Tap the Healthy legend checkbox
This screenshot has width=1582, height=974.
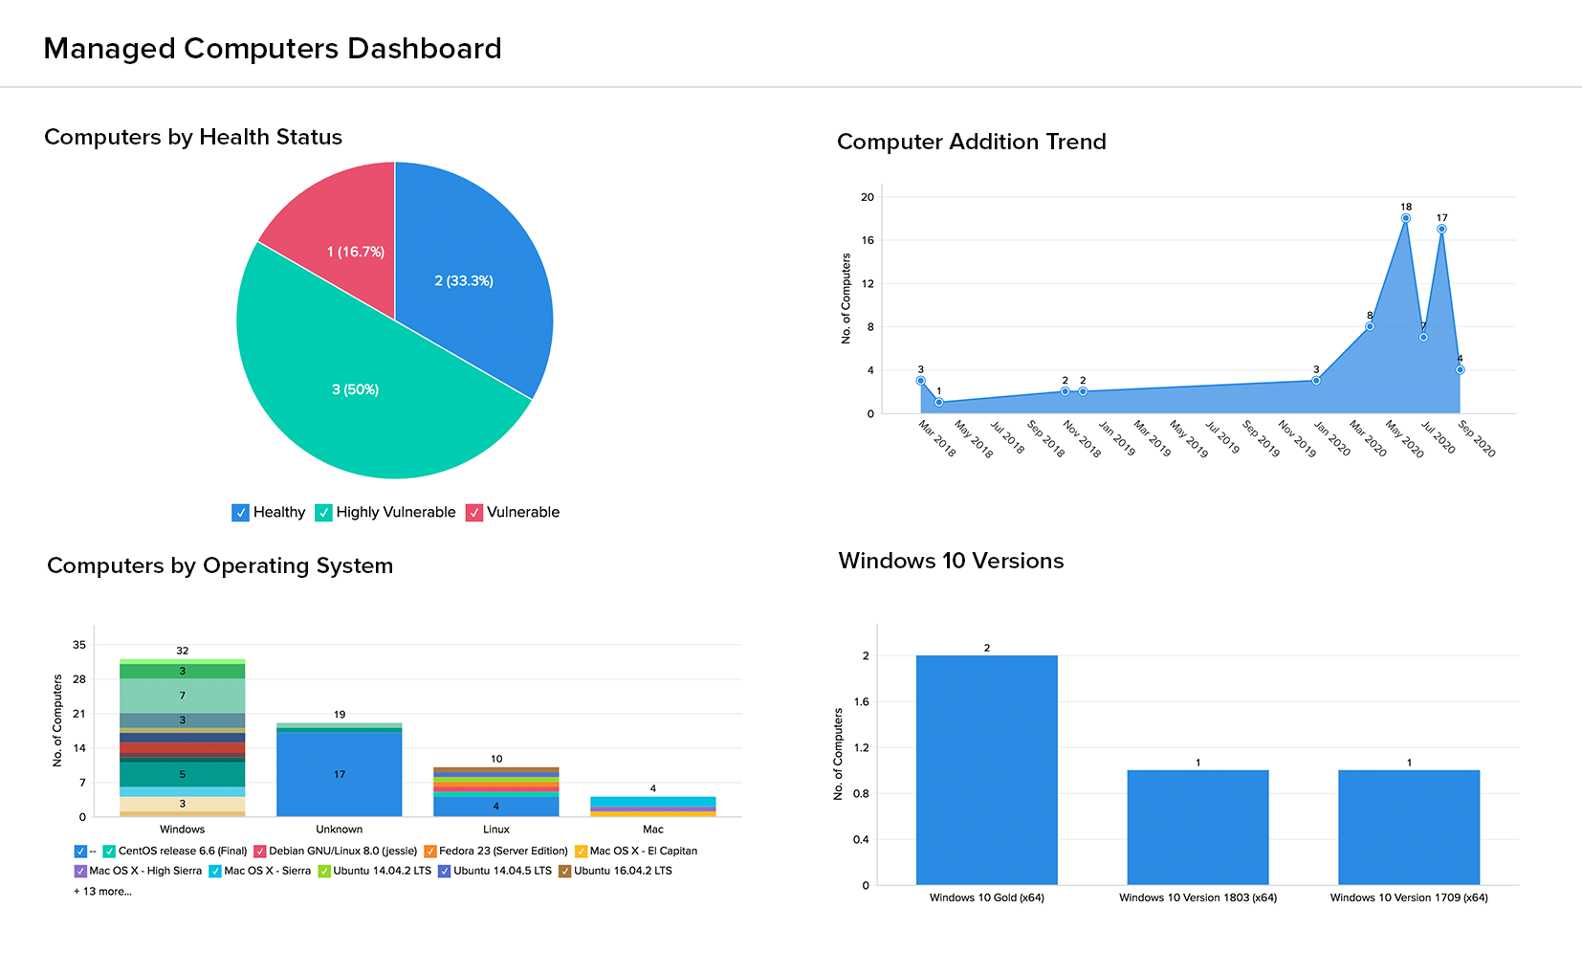pos(240,513)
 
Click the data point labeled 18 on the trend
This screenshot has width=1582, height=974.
pos(1406,218)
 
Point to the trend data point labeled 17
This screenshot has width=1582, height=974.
pos(1441,229)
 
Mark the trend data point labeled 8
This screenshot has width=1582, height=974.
pos(1370,326)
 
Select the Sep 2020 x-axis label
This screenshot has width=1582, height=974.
pos(1477,438)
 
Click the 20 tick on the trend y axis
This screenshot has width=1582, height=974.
pos(868,197)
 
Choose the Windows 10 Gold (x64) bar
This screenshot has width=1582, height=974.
pos(987,770)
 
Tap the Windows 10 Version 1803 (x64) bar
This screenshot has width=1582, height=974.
pos(1197,828)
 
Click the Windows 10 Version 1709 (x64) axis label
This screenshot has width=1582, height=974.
pos(1409,897)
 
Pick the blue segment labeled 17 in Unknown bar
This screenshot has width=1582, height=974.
pos(340,774)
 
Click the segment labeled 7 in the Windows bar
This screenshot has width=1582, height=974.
pos(183,696)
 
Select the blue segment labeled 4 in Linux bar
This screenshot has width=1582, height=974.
pos(496,807)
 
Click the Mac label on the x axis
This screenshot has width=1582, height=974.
pos(653,830)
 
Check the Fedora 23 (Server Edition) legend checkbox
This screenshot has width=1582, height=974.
pos(430,852)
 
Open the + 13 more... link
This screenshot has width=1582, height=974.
pos(103,892)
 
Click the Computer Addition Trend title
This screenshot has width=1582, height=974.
pos(971,142)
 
